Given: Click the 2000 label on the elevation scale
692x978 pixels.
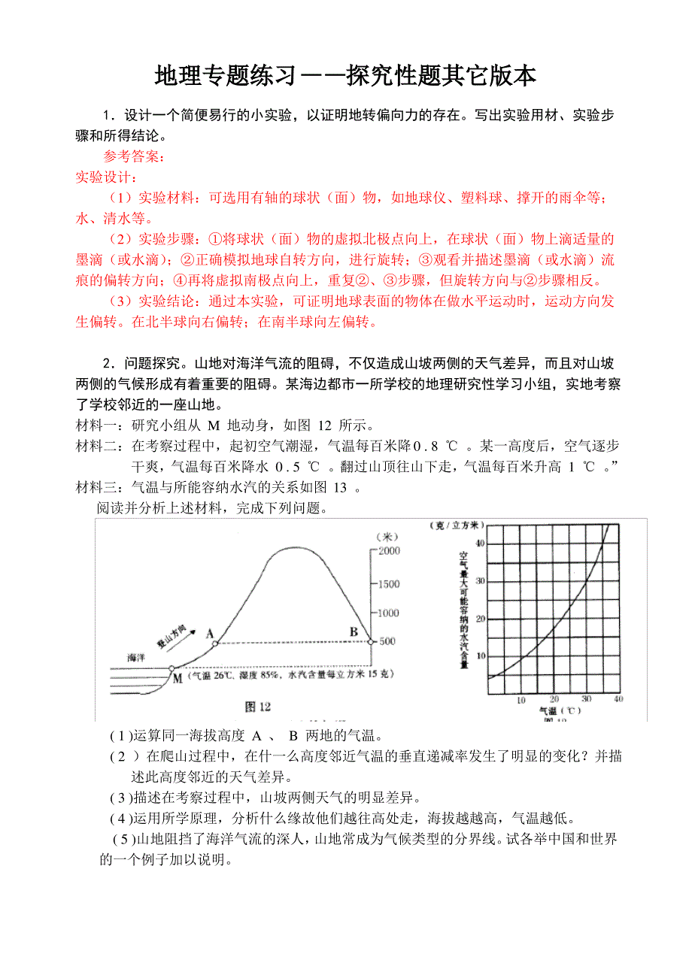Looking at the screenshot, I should [388, 551].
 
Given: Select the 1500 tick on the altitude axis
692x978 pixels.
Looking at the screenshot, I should [388, 584].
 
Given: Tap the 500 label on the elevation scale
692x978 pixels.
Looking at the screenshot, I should [387, 641].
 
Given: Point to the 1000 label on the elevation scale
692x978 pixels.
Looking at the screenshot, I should [388, 613].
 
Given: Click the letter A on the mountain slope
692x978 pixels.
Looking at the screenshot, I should [210, 633].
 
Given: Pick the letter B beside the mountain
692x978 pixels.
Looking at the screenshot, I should [354, 632].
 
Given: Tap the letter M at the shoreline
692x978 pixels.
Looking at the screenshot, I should [178, 678].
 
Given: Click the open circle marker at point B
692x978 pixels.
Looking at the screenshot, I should [370, 641].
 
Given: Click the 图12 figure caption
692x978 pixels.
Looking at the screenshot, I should [258, 706].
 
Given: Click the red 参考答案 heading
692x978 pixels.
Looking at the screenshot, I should [133, 157].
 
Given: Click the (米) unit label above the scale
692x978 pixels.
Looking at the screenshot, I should [389, 536].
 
